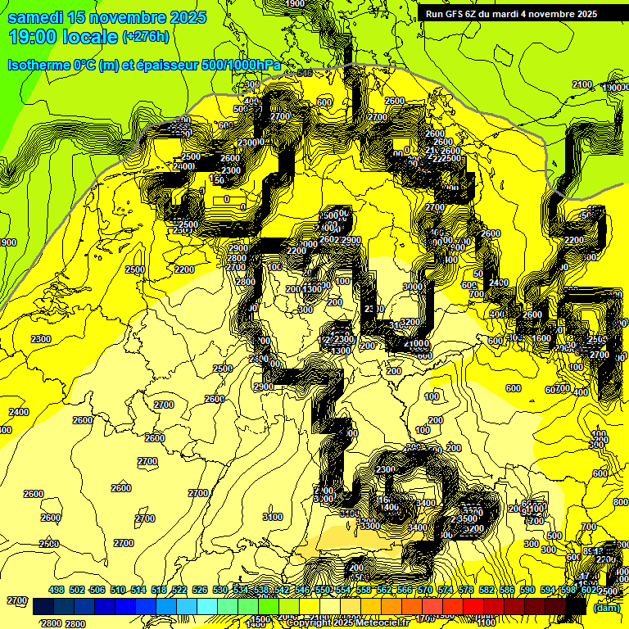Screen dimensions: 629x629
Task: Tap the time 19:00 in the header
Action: click(x=33, y=37)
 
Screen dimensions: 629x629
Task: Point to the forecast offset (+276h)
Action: click(x=145, y=37)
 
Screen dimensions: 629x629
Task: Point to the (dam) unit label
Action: click(x=606, y=608)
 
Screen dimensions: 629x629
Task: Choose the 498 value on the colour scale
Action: click(x=57, y=590)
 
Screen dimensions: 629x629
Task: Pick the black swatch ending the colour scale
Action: click(x=576, y=607)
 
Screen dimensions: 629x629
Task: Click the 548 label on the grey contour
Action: click(x=305, y=74)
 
